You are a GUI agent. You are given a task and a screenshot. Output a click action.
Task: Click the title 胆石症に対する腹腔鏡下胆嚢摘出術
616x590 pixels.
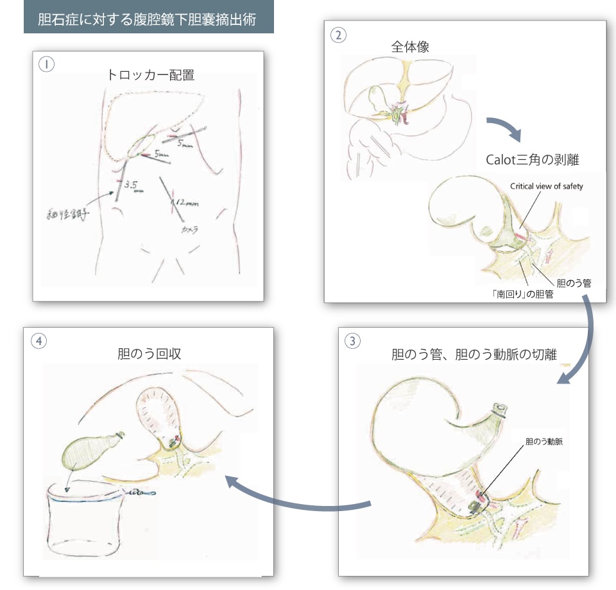coord(148,19)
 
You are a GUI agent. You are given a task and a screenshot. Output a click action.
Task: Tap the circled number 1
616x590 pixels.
coord(46,64)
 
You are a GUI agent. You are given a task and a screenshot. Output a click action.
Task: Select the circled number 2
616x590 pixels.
coord(338,35)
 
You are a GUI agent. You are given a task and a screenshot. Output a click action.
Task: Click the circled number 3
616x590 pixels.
coord(352,341)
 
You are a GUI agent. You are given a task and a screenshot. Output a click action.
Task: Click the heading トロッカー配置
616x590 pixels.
coord(151,74)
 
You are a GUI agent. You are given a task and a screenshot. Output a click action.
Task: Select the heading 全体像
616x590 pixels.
coord(410,47)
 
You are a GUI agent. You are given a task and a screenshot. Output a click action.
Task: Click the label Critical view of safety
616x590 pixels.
coord(546,186)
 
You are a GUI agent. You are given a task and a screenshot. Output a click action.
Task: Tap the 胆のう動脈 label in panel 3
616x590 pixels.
coord(543,442)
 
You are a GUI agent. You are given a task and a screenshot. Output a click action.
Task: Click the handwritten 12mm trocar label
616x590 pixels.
coord(185,204)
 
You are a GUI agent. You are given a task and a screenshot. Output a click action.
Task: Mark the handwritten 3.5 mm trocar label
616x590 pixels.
coord(133,187)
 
